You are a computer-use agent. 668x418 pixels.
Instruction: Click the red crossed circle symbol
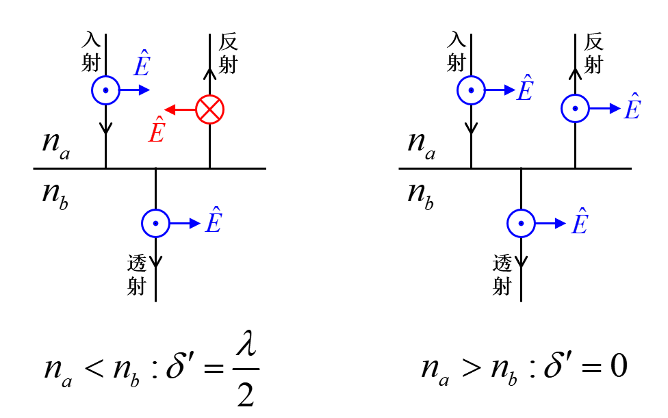click(x=210, y=109)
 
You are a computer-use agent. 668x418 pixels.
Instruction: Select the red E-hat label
click(x=157, y=129)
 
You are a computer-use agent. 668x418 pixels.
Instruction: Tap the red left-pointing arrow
click(x=180, y=109)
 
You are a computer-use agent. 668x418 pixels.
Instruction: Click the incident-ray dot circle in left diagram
click(x=105, y=90)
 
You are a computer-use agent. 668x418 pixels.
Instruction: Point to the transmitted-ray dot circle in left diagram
click(x=156, y=222)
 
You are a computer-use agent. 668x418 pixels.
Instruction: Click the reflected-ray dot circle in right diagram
click(x=575, y=108)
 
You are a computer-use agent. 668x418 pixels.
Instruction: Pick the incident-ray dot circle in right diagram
click(x=471, y=90)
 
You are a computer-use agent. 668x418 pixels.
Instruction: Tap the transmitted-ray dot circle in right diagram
click(x=522, y=222)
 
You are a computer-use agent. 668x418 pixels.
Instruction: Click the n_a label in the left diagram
click(x=55, y=144)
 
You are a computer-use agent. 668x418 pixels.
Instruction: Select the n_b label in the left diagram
click(x=55, y=194)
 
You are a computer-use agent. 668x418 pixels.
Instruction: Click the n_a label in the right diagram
click(x=421, y=144)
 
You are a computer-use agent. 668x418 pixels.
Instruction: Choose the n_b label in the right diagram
click(x=421, y=194)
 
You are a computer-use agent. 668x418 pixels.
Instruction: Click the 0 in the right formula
click(x=618, y=367)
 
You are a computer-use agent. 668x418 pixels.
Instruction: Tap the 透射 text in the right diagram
click(x=502, y=274)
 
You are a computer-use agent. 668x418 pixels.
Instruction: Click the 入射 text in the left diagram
click(x=90, y=51)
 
